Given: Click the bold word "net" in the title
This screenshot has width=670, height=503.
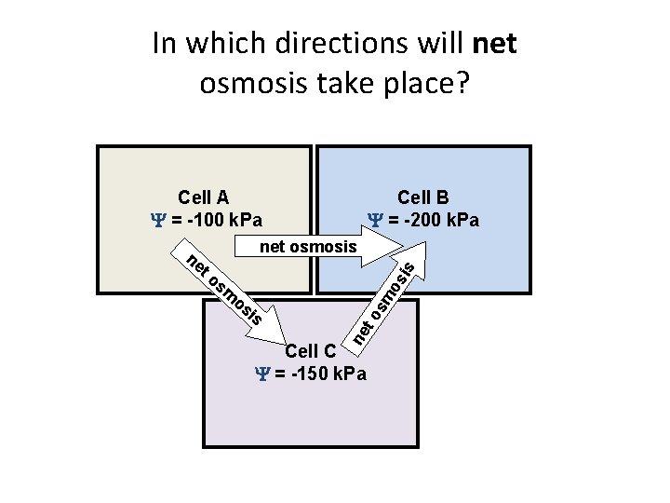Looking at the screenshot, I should pyautogui.click(x=495, y=43).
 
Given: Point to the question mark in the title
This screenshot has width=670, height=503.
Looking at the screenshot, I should pyautogui.click(x=462, y=84).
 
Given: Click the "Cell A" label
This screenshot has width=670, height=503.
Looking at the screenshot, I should pyautogui.click(x=204, y=197).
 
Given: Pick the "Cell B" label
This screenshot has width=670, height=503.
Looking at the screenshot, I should pyautogui.click(x=423, y=197).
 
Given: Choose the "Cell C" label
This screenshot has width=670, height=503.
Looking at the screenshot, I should pyautogui.click(x=310, y=351).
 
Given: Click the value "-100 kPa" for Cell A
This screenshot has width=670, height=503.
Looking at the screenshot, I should pyautogui.click(x=223, y=221).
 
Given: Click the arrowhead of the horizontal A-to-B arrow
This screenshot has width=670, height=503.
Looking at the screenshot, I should pyautogui.click(x=382, y=247).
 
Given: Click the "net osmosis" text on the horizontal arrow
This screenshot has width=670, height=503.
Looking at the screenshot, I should pyautogui.click(x=308, y=247).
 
